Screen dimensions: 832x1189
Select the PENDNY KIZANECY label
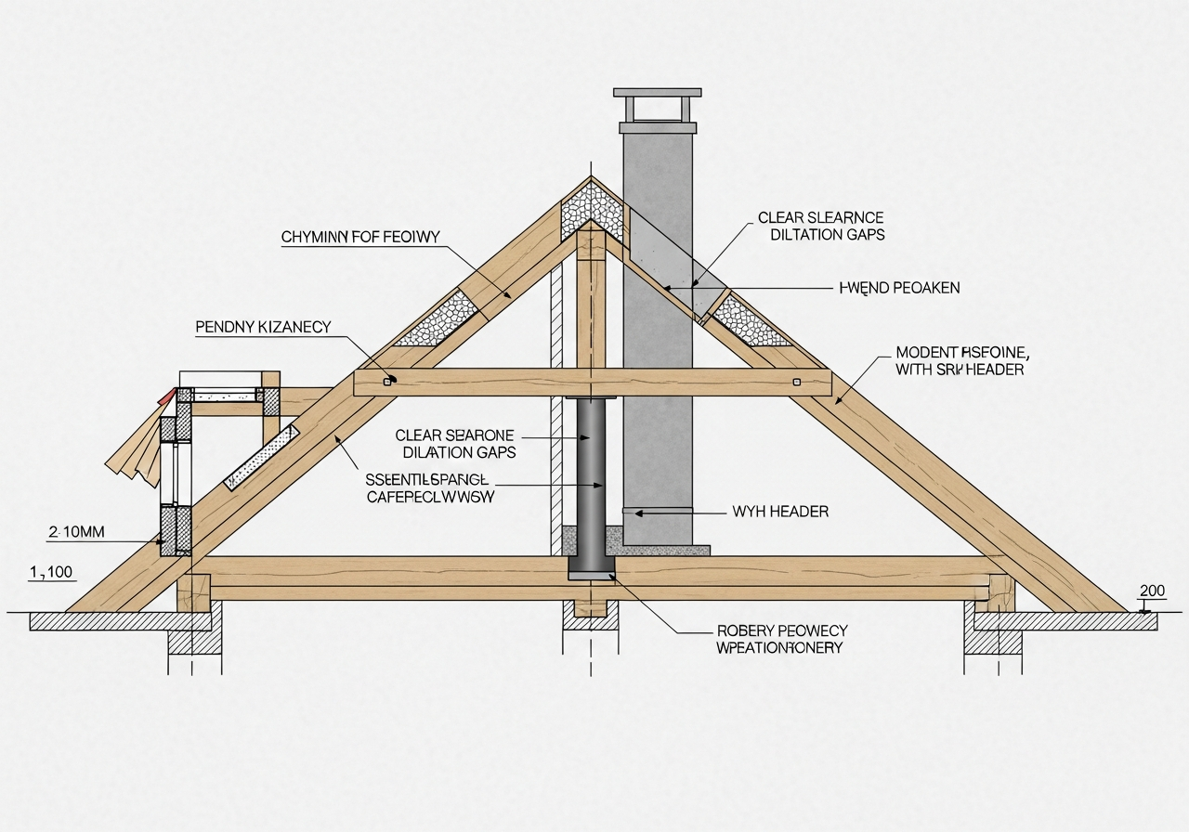pyautogui.click(x=263, y=327)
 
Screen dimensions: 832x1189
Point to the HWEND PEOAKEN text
pyautogui.click(x=899, y=288)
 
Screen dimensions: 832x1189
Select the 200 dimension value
pyautogui.click(x=1151, y=591)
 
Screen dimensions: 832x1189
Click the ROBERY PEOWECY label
pyautogui.click(x=782, y=630)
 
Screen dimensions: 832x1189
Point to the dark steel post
pyautogui.click(x=590, y=483)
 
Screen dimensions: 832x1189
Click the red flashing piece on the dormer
pyautogui.click(x=166, y=397)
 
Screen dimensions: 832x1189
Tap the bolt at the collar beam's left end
pyautogui.click(x=390, y=381)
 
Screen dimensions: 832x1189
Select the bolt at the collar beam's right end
pyautogui.click(x=796, y=381)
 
